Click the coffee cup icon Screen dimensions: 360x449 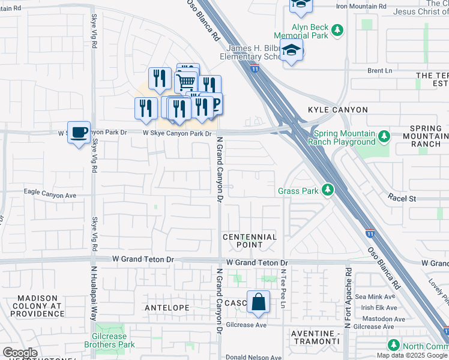(78, 132)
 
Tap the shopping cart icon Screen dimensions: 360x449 (186, 81)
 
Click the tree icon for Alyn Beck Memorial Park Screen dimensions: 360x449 (338, 29)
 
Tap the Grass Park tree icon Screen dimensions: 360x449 (327, 191)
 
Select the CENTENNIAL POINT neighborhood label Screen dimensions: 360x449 (250, 241)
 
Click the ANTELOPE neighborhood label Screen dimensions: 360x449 (167, 307)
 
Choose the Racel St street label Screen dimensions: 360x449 (402, 197)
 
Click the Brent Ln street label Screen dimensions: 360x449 (379, 70)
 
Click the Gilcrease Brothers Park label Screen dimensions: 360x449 (109, 340)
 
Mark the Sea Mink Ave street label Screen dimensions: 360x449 (376, 296)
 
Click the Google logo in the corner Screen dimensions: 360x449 (20, 353)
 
